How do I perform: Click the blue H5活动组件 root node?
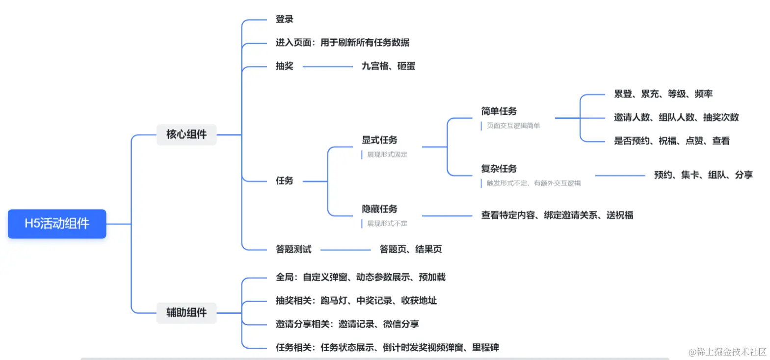[x=57, y=224]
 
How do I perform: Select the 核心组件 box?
[x=186, y=134]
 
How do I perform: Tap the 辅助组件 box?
[x=186, y=312]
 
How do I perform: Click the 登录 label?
[x=285, y=19]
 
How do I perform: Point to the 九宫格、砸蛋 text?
[x=388, y=66]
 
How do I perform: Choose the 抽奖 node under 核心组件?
[x=285, y=66]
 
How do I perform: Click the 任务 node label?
[x=285, y=180]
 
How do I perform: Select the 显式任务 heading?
[x=379, y=140]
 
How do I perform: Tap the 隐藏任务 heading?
[x=379, y=209]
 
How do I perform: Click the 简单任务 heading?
[x=499, y=111]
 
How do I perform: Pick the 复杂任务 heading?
[x=499, y=169]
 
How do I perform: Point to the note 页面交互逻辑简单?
[x=513, y=126]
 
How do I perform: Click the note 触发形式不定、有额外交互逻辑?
[x=533, y=183]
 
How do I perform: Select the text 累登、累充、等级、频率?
[x=663, y=94]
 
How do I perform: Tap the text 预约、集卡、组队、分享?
[x=703, y=175]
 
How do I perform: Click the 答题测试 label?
[x=293, y=249]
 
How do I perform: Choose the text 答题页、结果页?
[x=410, y=249]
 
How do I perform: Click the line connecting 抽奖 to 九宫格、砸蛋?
[x=327, y=66]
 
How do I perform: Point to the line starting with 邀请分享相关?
[x=347, y=324]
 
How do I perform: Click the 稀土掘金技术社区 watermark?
[x=727, y=351]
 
